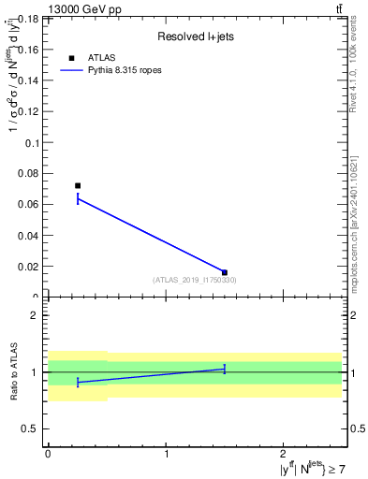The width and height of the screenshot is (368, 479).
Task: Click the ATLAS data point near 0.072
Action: (78, 185)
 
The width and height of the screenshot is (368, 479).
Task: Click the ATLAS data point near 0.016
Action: (225, 272)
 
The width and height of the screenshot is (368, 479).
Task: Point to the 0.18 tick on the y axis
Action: (29, 20)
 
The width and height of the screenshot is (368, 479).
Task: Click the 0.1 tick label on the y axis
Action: (32, 143)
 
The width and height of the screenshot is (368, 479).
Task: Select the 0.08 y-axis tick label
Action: (29, 174)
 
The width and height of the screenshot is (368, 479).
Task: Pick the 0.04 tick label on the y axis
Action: (29, 236)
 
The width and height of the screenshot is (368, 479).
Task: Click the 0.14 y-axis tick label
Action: (29, 81)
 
